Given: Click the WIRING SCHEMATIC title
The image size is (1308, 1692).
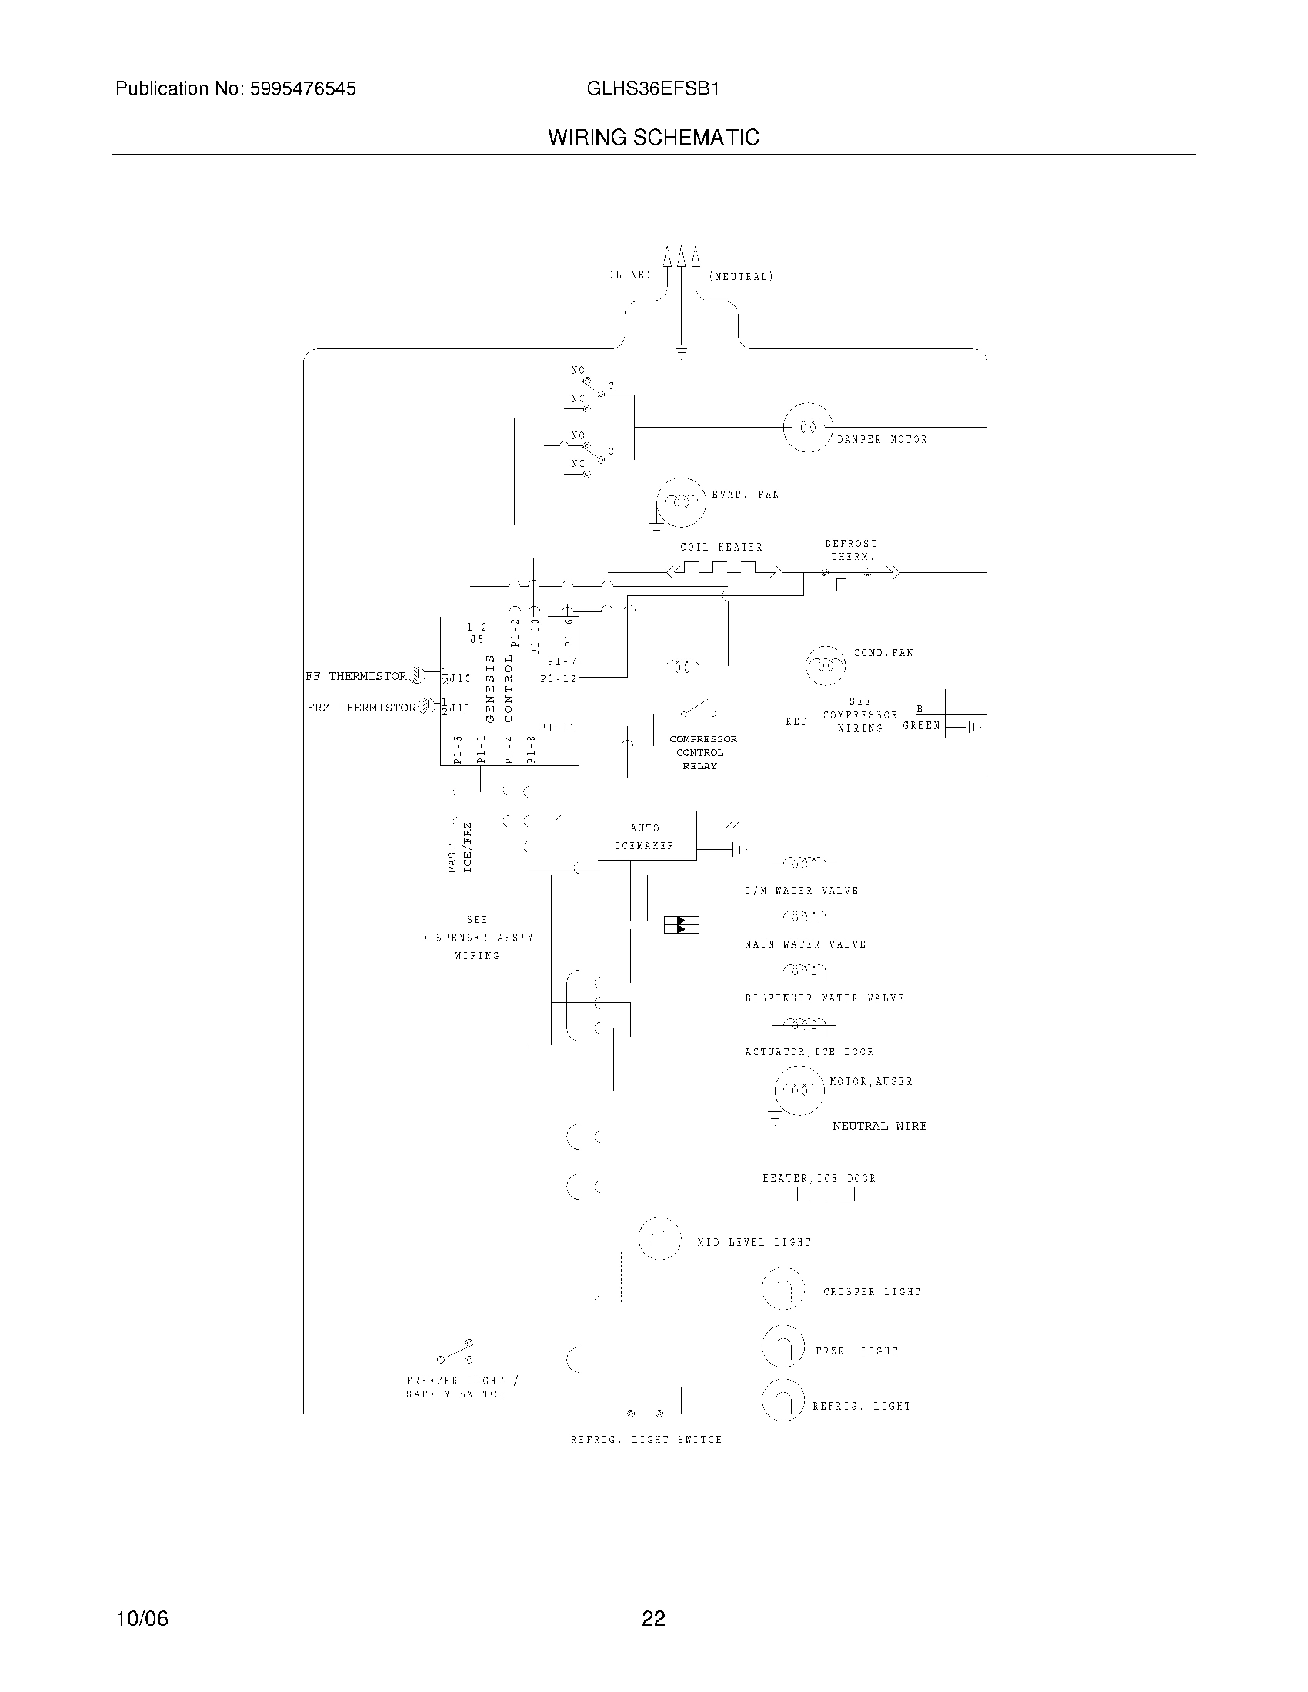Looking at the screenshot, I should (x=653, y=138).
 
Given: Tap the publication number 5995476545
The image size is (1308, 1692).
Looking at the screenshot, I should (x=302, y=89).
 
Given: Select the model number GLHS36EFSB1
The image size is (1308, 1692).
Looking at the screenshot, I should (x=652, y=89).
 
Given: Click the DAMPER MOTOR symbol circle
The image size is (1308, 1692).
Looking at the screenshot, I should (x=807, y=427).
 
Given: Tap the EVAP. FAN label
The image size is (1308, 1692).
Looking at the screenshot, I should (x=745, y=495).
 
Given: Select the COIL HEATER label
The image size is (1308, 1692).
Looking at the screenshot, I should (x=721, y=547).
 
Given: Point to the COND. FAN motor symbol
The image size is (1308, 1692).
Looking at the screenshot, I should (x=826, y=665).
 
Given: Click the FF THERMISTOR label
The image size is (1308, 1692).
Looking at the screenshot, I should (x=355, y=676).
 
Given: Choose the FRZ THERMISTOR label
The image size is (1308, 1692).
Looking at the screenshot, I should (x=361, y=708).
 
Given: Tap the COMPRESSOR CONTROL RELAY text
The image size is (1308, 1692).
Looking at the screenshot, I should (x=702, y=752).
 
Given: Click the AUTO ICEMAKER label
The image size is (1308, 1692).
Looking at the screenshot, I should (x=644, y=837).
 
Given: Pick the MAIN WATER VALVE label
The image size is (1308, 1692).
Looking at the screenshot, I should (x=804, y=944).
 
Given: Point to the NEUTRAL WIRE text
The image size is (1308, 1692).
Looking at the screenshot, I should (x=879, y=1126).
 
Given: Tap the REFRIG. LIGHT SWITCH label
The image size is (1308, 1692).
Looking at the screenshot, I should (x=646, y=1440).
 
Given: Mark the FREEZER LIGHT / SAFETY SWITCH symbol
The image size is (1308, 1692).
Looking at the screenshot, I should (x=455, y=1352).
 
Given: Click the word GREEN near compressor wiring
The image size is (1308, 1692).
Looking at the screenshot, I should (x=920, y=726).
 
